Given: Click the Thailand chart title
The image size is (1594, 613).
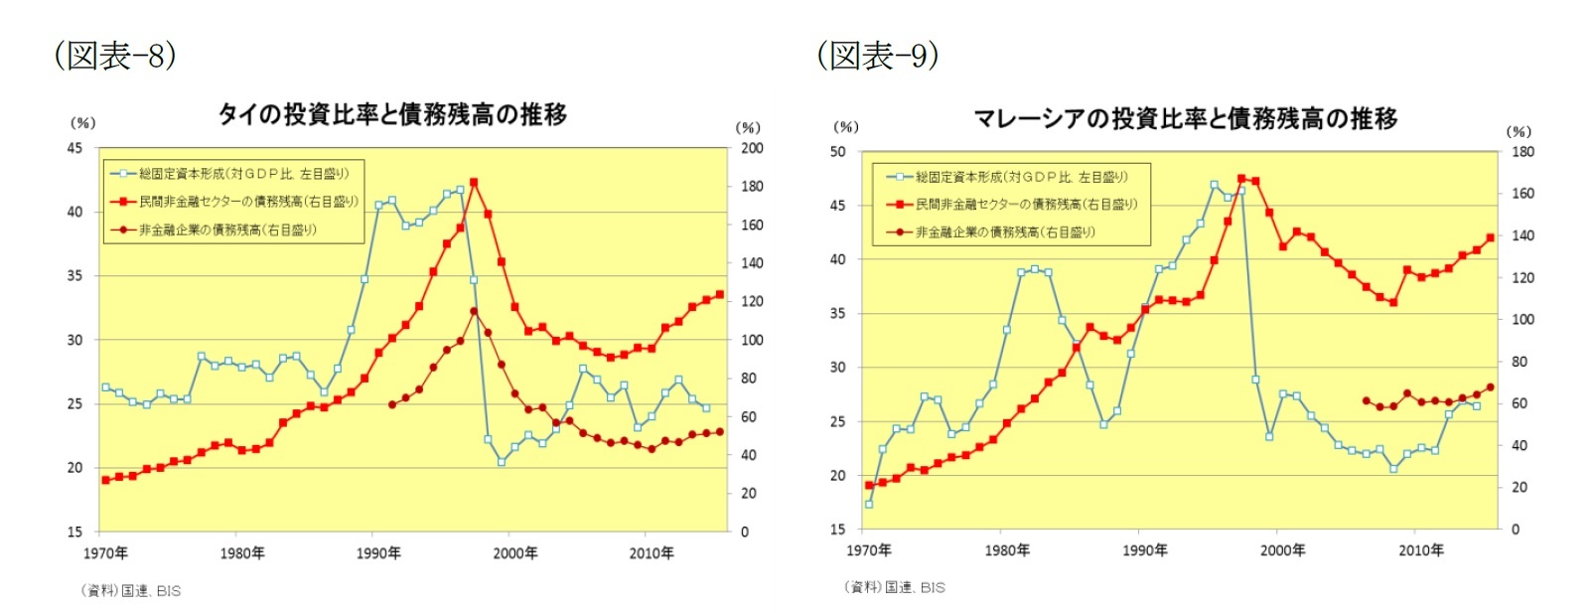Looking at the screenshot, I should tap(392, 115).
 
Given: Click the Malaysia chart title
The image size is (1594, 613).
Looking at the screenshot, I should tap(1185, 119).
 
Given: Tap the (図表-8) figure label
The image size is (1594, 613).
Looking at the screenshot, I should tap(115, 56).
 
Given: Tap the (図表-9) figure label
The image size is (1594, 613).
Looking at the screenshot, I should tap(878, 56).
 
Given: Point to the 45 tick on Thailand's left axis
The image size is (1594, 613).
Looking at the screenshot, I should tap(74, 148).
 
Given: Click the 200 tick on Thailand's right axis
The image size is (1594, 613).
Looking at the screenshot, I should tap(752, 148).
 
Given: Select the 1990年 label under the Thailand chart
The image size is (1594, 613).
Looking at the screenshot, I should tap(378, 553).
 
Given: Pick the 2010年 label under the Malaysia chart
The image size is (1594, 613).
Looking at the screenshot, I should tap(1420, 550).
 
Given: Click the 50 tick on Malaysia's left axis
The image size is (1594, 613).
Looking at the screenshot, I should tap(838, 152).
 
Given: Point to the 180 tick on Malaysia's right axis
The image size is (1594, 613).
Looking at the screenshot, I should tap(1522, 152).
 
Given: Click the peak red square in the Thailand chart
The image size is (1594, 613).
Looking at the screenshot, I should tap(474, 183).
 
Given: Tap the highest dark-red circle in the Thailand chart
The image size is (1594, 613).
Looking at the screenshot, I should tap(474, 311).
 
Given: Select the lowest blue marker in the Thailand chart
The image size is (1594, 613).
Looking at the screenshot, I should tap(502, 462).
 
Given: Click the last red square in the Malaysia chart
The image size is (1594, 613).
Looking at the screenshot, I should tap(1490, 237).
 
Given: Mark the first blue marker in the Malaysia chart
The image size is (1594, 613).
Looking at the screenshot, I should tap(869, 504).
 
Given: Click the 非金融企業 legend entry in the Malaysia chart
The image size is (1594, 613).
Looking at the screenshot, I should tap(1005, 232).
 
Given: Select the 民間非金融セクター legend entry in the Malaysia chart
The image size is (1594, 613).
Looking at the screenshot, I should tap(1026, 205).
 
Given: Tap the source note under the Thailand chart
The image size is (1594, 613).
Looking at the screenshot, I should tap(131, 590).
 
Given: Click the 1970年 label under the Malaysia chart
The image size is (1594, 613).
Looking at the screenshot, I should tap(869, 550).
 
